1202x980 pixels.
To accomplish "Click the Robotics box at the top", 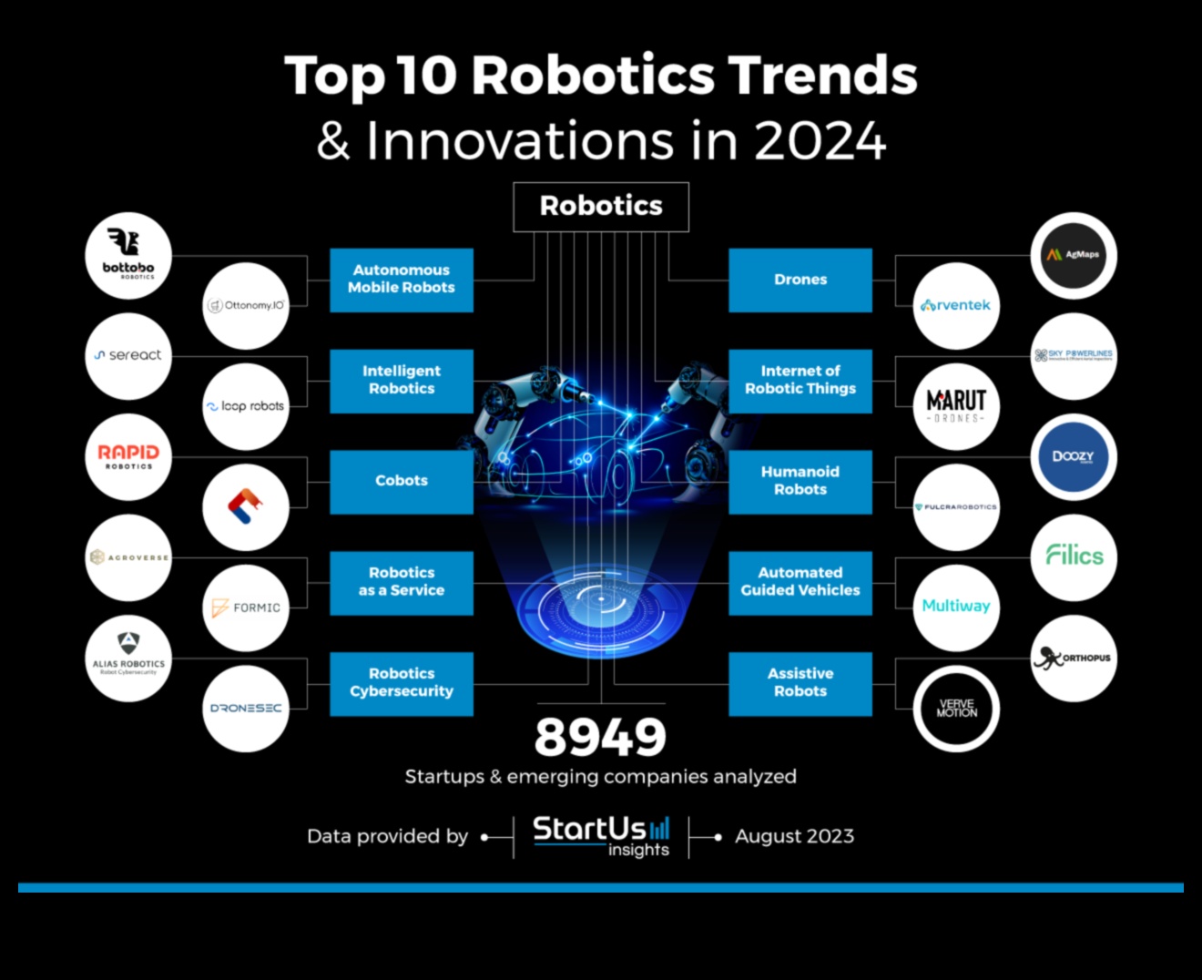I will (x=601, y=207).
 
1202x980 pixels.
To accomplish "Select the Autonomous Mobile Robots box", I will (x=401, y=280).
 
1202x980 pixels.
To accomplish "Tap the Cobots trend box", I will (x=401, y=481).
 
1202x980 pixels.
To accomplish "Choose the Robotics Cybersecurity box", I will (x=401, y=683).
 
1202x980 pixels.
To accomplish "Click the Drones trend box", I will (x=800, y=280).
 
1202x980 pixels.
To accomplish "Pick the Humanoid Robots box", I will (x=800, y=481).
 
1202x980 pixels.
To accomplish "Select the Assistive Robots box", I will (x=800, y=683).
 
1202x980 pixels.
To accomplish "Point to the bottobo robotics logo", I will (x=128, y=255).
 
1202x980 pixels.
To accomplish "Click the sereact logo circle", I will (x=128, y=356).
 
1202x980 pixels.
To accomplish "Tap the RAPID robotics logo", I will (x=128, y=456).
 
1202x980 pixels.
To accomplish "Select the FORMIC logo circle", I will (x=246, y=607).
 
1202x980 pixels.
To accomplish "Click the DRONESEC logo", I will (x=246, y=709).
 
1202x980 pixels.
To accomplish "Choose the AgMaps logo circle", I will (x=1074, y=255).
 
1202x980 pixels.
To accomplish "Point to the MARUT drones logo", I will (x=956, y=405).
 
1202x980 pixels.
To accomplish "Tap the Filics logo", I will (x=1074, y=556).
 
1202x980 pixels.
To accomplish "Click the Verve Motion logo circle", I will (x=956, y=709).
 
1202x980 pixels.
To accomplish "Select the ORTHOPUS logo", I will (x=1074, y=658).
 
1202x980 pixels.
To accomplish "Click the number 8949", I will (x=600, y=738).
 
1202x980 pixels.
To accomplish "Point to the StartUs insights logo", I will (x=601, y=836).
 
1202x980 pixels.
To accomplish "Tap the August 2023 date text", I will (x=794, y=836).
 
